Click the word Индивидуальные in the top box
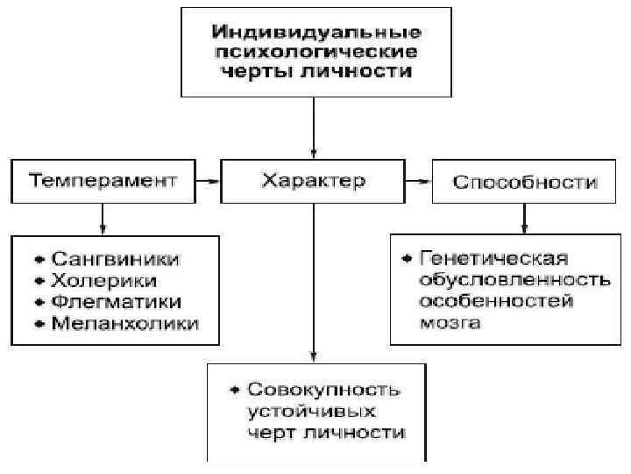[x=314, y=32]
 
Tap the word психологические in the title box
[x=314, y=52]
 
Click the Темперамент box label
[x=103, y=181]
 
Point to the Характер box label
[x=314, y=181]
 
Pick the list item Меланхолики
[x=124, y=323]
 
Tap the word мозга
[x=449, y=323]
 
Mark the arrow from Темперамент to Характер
[x=208, y=182]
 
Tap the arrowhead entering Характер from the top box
[x=313, y=151]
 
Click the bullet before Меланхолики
[x=39, y=324]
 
